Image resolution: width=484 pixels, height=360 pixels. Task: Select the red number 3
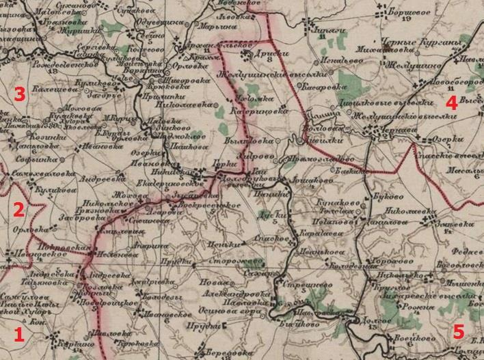click(21, 95)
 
